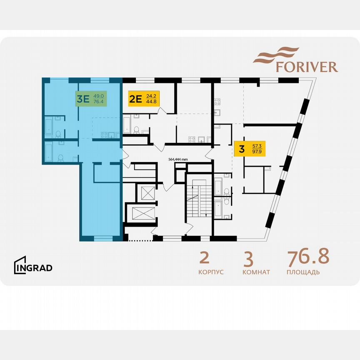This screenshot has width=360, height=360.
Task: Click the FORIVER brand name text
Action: click(x=307, y=67)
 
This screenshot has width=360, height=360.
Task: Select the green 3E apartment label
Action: click(x=90, y=98)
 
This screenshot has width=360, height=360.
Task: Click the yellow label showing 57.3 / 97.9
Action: click(x=250, y=148)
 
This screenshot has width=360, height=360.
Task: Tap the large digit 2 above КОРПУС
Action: click(x=205, y=258)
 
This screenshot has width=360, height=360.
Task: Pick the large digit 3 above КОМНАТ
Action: click(x=248, y=259)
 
